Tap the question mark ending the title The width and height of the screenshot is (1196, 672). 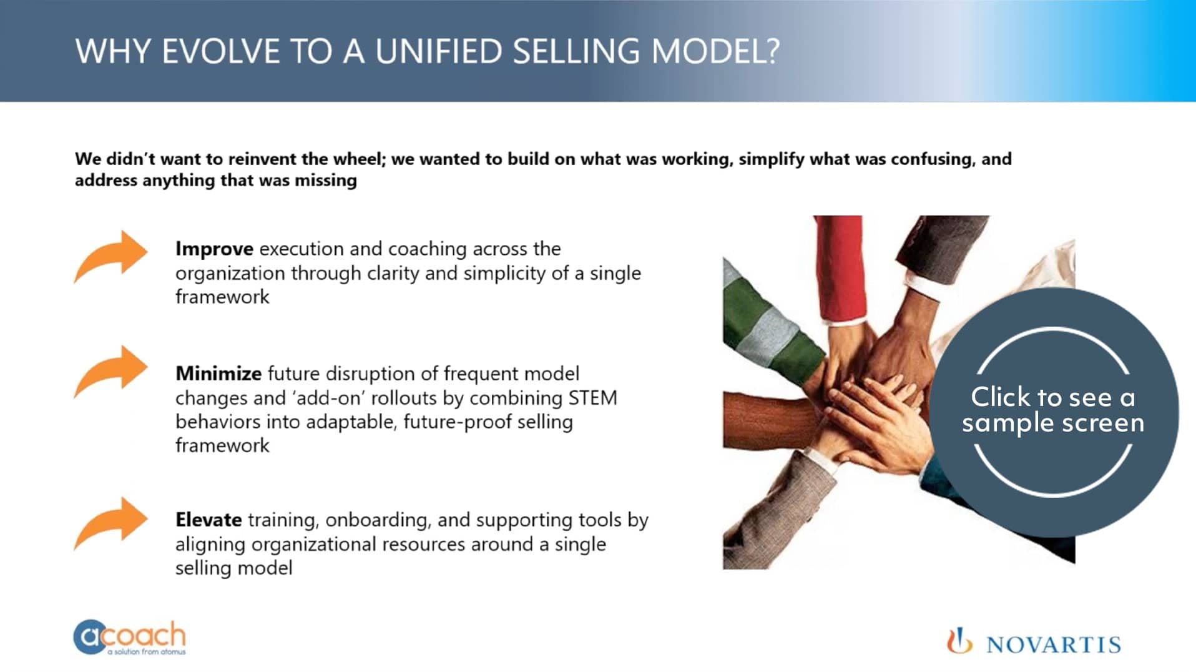point(773,51)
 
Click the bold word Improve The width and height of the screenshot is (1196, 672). point(213,249)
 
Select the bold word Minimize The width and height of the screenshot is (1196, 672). point(218,373)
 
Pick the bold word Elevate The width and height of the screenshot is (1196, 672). point(208,520)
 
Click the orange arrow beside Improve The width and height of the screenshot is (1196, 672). point(111,256)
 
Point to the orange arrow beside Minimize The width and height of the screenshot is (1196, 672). point(111,372)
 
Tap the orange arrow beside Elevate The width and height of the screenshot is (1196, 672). point(111,523)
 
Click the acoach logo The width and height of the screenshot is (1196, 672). point(130,636)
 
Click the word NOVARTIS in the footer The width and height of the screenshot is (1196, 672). point(1054,645)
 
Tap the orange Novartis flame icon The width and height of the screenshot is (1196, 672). point(959,642)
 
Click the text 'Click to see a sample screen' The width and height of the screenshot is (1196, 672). point(1052,410)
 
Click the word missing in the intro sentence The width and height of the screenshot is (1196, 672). point(326,180)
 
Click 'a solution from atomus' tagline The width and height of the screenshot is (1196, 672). point(146,652)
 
